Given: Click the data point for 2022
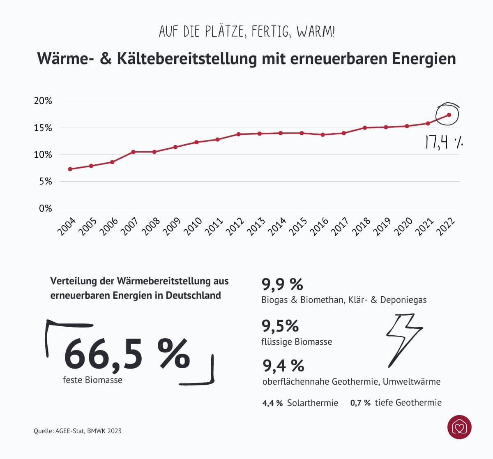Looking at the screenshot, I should click(x=449, y=115).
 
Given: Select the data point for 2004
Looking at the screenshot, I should click(x=70, y=169).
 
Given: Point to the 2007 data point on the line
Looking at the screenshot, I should click(x=133, y=152).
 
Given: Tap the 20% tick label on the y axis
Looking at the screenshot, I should click(x=43, y=101).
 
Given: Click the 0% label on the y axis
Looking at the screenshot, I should click(x=46, y=209).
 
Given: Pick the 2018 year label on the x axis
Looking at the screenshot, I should click(x=362, y=227).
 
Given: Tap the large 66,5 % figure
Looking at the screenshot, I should click(x=127, y=355).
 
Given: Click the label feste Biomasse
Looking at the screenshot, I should click(x=92, y=380).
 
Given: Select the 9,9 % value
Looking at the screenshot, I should click(x=282, y=284).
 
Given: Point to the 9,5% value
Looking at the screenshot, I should click(x=280, y=326).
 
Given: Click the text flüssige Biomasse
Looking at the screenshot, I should click(x=297, y=342).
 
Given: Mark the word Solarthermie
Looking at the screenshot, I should click(x=313, y=403).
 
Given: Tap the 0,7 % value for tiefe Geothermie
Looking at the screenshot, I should click(x=360, y=403).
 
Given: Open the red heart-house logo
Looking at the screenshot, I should click(x=459, y=427).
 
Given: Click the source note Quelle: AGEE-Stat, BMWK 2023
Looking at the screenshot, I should click(x=78, y=431).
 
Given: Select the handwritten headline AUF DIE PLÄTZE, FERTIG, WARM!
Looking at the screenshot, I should click(x=246, y=32).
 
